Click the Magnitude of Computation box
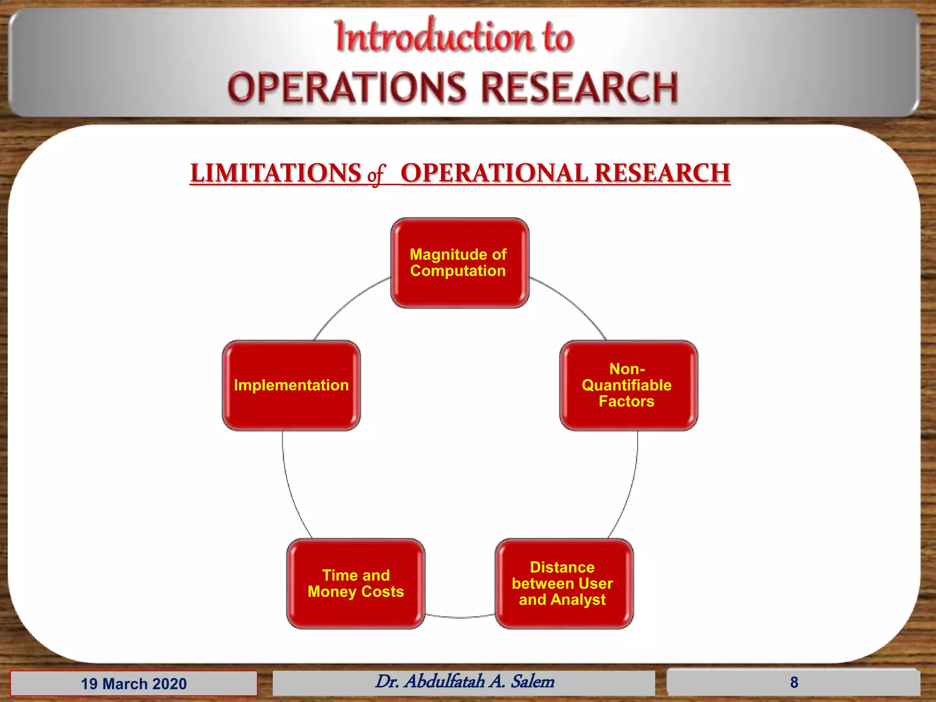point(459,263)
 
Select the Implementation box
point(291,385)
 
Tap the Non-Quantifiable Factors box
point(628,385)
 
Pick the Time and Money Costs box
point(356,584)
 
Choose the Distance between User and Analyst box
point(564,584)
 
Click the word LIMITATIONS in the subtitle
point(276,173)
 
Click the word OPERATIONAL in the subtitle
point(495,173)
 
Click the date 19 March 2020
point(133,684)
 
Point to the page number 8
point(794,682)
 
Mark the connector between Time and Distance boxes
point(460,617)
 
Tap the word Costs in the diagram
point(383,592)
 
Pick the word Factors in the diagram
point(626,401)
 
